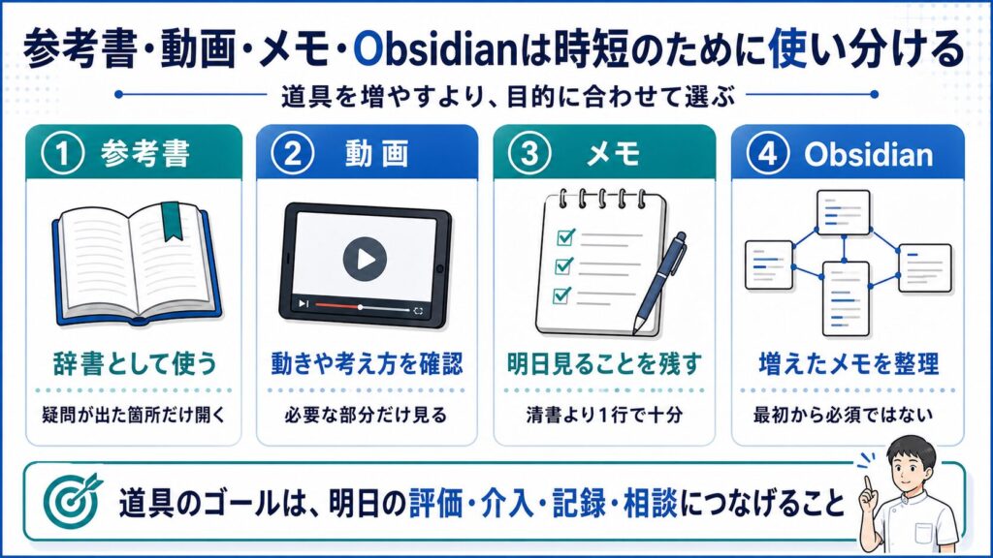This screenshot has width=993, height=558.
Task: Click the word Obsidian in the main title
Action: click(435, 50)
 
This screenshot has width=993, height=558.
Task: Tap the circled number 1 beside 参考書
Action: click(63, 154)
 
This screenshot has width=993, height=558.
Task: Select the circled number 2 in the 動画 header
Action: click(293, 154)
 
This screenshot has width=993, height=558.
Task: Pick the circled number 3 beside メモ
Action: click(529, 154)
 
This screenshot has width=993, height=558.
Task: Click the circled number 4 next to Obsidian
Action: click(768, 154)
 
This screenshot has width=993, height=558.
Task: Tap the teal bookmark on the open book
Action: click(171, 221)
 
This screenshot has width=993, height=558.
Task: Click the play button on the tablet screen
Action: click(365, 259)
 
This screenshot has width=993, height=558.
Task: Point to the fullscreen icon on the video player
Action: click(418, 311)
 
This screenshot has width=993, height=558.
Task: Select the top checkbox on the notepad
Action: click(565, 236)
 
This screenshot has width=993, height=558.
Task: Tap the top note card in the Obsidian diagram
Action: click(844, 212)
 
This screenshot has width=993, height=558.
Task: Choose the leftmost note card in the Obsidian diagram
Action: click(769, 265)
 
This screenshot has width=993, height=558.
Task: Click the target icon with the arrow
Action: click(73, 501)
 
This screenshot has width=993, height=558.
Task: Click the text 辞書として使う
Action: click(134, 364)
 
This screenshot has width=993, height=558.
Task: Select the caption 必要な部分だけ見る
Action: click(366, 415)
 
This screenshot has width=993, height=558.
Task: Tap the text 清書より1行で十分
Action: click(604, 415)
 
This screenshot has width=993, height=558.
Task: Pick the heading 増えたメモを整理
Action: click(849, 364)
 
